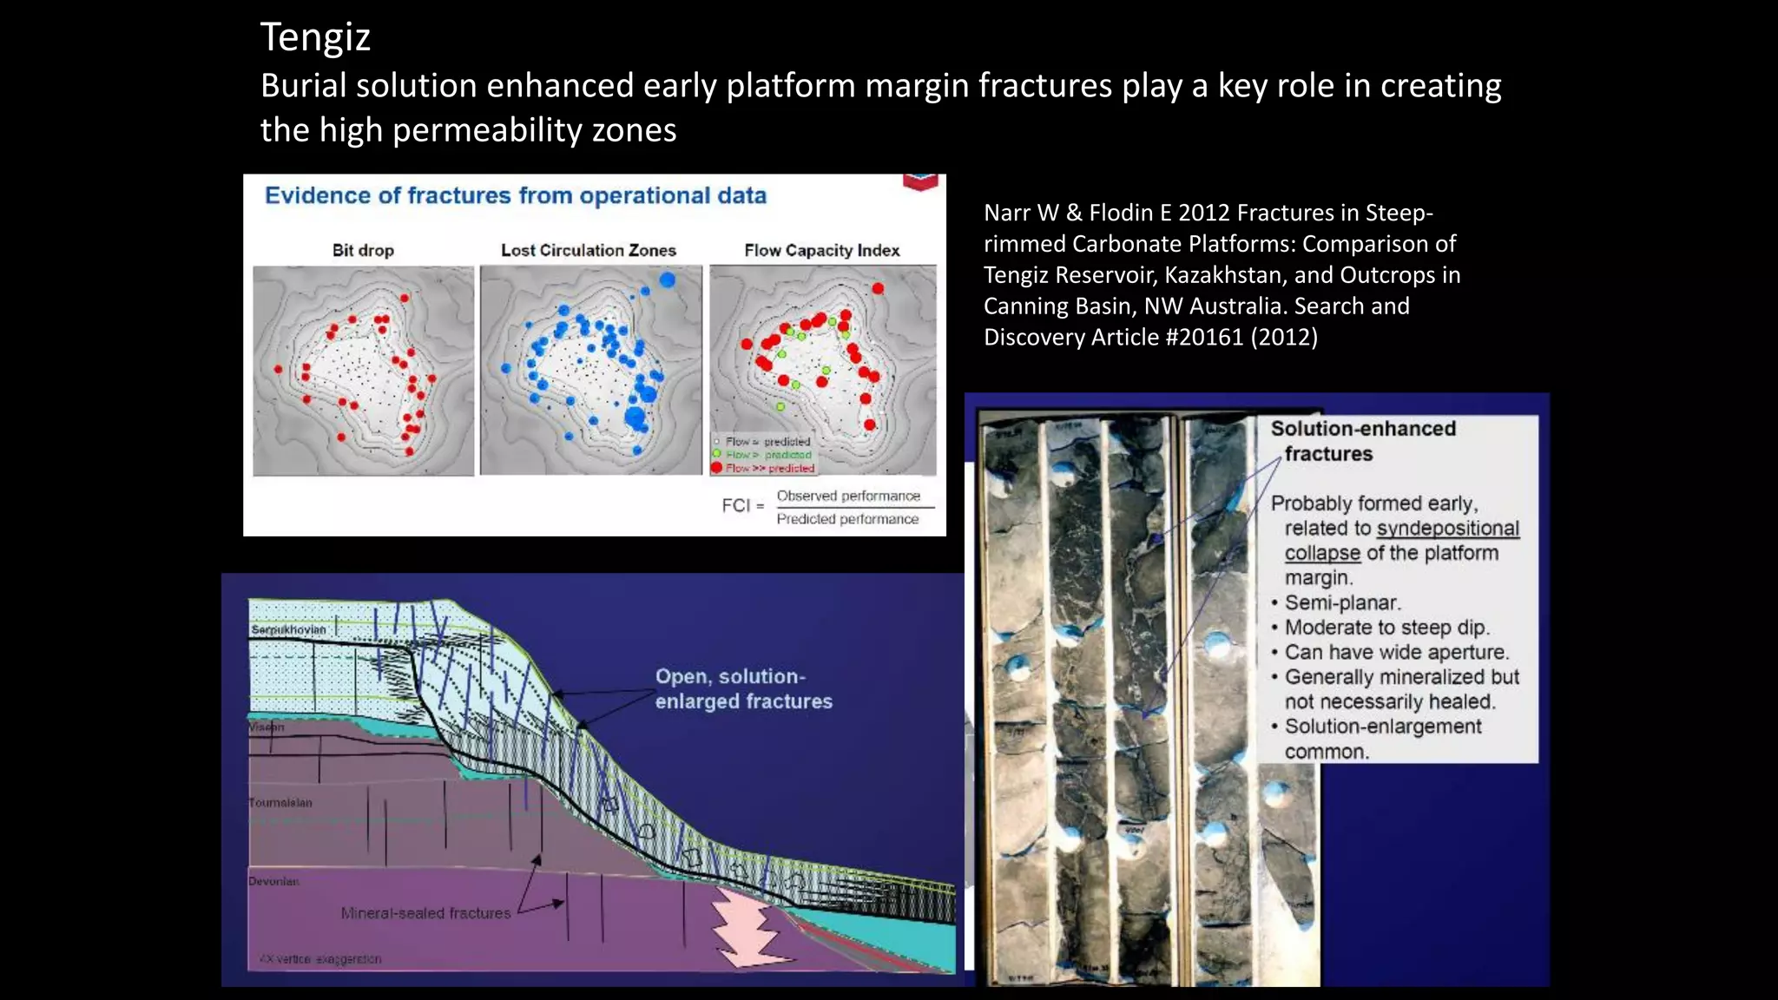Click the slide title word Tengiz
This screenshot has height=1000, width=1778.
click(x=315, y=38)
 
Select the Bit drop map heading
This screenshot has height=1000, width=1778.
click(x=363, y=251)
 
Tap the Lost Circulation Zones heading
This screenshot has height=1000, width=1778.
click(x=588, y=251)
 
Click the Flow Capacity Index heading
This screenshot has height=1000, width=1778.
click(x=821, y=251)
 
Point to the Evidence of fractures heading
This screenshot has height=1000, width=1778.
click(x=515, y=196)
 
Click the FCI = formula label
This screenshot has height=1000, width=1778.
click(x=742, y=506)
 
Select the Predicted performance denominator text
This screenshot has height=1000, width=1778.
click(x=846, y=519)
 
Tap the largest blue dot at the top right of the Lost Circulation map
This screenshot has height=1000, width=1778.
click(x=667, y=280)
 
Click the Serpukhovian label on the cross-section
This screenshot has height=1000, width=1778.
click(x=288, y=629)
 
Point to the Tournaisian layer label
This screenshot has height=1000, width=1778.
click(x=280, y=803)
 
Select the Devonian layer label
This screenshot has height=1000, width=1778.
click(x=273, y=881)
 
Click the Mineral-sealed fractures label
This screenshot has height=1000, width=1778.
click(x=425, y=913)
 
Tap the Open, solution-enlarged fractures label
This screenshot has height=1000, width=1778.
click(x=743, y=688)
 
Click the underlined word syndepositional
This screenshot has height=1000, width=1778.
click(x=1447, y=529)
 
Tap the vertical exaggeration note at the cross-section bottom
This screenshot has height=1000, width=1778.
click(x=320, y=959)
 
